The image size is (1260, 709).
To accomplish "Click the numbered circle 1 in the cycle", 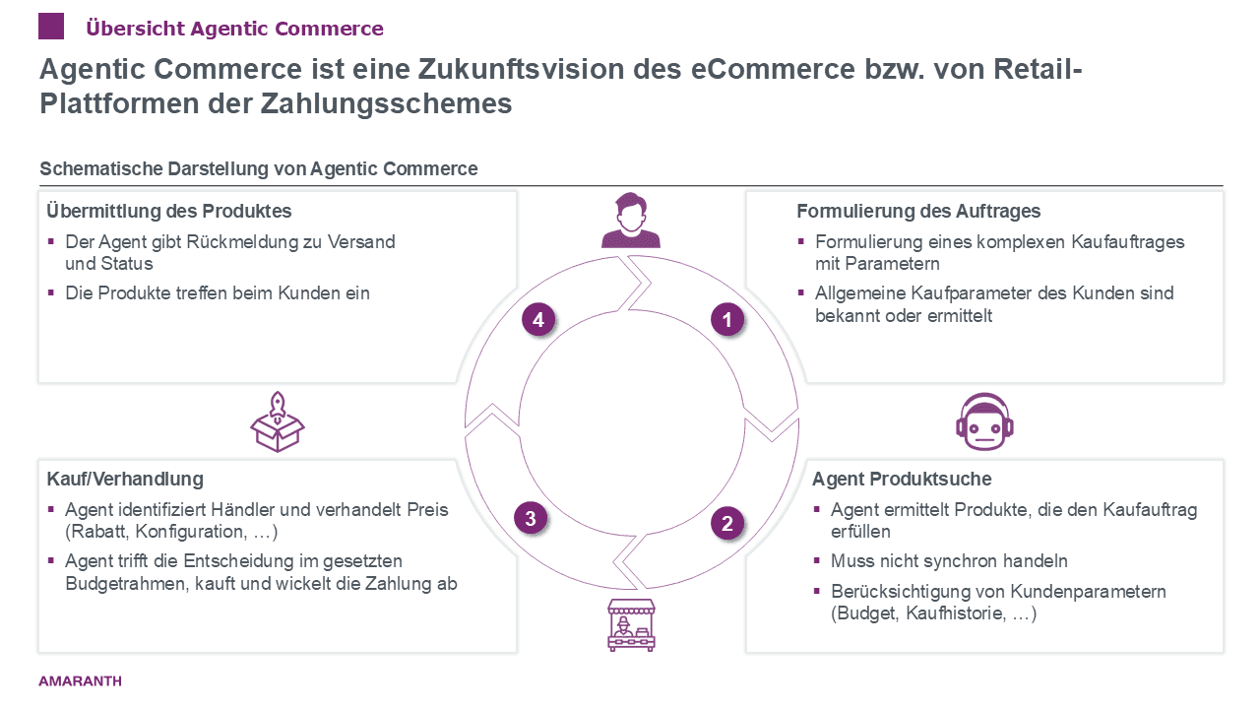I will (x=727, y=319).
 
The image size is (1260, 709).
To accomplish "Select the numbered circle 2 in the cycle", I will (x=727, y=524).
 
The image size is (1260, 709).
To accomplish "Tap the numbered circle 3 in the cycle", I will (x=531, y=518).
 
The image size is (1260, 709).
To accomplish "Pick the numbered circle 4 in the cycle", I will (x=538, y=319).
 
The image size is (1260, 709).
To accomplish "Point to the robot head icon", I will (x=984, y=418).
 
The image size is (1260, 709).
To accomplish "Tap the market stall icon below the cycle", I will (x=631, y=625).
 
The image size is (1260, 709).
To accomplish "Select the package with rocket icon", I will (x=278, y=420).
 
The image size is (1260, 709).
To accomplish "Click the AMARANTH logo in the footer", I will (x=80, y=680).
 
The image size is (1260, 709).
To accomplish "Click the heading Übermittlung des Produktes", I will (x=169, y=212).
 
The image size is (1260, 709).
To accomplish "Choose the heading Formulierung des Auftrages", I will (x=918, y=212).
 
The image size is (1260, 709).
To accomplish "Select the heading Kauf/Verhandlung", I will (x=125, y=480).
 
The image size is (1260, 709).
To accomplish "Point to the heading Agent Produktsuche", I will (x=902, y=480).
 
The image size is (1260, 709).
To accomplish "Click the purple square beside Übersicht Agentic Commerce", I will (x=51, y=27).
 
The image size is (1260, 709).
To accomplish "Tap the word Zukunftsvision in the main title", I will (x=534, y=70).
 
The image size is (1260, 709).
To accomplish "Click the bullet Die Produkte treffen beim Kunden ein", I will (x=218, y=292).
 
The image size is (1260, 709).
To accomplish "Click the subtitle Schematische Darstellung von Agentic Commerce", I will (x=259, y=169).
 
